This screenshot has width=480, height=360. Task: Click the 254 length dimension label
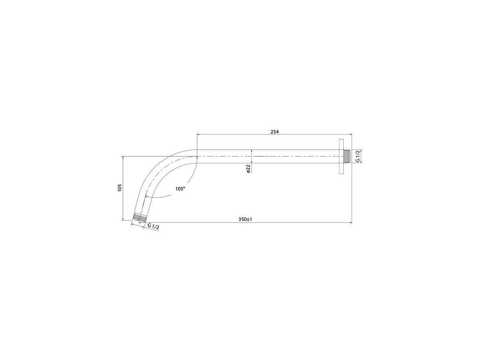(274, 132)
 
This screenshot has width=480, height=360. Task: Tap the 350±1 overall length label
(245, 219)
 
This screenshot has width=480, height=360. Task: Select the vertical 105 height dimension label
(119, 188)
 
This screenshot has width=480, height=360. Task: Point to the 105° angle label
(180, 189)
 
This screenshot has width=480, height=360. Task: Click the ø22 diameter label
(248, 169)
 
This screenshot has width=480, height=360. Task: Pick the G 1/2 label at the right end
(357, 156)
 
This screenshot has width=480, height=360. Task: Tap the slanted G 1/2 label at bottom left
(153, 226)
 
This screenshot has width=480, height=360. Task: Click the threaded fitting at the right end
(347, 156)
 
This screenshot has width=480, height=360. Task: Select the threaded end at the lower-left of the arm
(139, 218)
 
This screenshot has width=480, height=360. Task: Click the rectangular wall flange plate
(341, 156)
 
